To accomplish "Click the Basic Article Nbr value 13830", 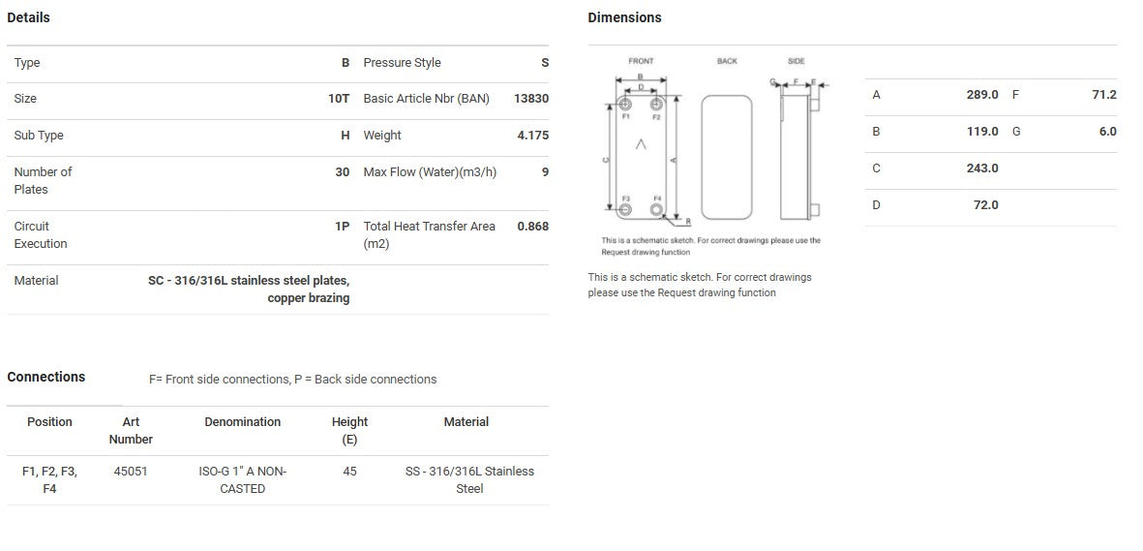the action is click(x=530, y=99).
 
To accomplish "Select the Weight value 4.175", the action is click(x=533, y=135).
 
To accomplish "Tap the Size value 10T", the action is click(x=339, y=99).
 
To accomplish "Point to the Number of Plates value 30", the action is click(x=343, y=172).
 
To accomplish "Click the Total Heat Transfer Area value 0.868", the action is click(x=533, y=227).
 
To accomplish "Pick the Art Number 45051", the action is click(x=131, y=472).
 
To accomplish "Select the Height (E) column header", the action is click(x=350, y=431).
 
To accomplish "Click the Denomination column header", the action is click(x=243, y=422).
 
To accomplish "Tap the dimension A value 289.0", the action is click(x=982, y=94).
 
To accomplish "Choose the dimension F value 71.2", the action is click(x=1104, y=94).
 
